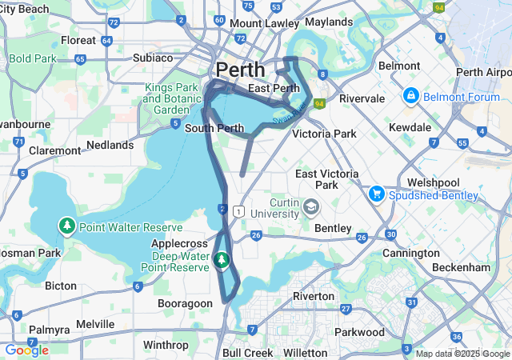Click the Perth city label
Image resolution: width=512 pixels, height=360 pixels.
click(x=241, y=70)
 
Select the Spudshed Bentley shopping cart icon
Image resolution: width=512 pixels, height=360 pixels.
click(x=376, y=194)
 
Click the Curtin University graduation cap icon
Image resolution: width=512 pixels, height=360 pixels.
click(x=310, y=208)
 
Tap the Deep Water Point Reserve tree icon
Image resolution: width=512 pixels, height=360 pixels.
click(x=222, y=260)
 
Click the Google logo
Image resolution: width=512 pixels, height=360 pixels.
click(x=26, y=350)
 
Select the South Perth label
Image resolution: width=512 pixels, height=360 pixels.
click(x=214, y=128)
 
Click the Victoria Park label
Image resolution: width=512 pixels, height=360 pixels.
click(x=324, y=134)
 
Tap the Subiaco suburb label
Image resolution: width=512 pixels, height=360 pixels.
click(x=153, y=58)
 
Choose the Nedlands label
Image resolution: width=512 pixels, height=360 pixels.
click(x=110, y=145)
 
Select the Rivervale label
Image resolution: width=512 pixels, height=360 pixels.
click(x=362, y=98)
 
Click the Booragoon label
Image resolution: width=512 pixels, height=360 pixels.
click(x=185, y=303)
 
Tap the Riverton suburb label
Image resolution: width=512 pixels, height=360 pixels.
click(x=313, y=296)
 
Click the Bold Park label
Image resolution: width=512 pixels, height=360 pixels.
click(x=32, y=58)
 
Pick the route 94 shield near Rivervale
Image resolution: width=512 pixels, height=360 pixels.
click(x=319, y=103)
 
